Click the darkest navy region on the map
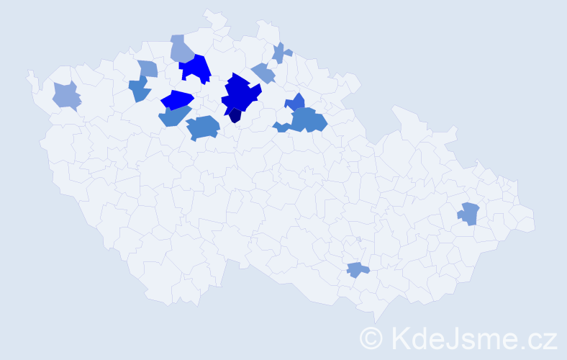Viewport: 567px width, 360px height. click(235, 116)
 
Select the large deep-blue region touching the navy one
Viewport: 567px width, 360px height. click(240, 93)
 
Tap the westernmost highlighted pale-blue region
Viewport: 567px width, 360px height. click(67, 95)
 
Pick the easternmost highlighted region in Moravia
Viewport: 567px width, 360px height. click(469, 213)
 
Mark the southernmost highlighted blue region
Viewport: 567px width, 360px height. click(357, 270)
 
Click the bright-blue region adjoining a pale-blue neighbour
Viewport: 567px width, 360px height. click(194, 68)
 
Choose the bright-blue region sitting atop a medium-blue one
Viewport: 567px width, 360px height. click(177, 99)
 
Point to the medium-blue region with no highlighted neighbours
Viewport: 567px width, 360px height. click(202, 127)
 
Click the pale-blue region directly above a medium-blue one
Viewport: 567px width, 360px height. click(147, 68)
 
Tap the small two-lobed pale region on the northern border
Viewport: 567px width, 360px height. click(281, 53)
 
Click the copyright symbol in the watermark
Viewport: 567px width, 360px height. click(371, 337)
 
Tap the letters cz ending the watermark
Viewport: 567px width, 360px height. click(542, 337)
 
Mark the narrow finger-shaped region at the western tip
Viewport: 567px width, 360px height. click(32, 79)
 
